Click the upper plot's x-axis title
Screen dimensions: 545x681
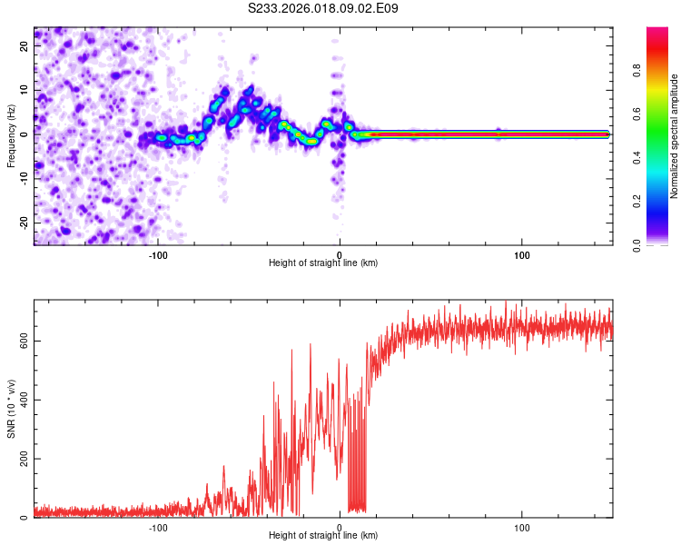click(323, 263)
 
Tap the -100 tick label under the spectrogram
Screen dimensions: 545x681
click(158, 254)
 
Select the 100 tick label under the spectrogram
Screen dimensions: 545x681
click(522, 254)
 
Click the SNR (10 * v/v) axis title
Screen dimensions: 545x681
click(11, 409)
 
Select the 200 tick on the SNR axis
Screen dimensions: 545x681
click(23, 460)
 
